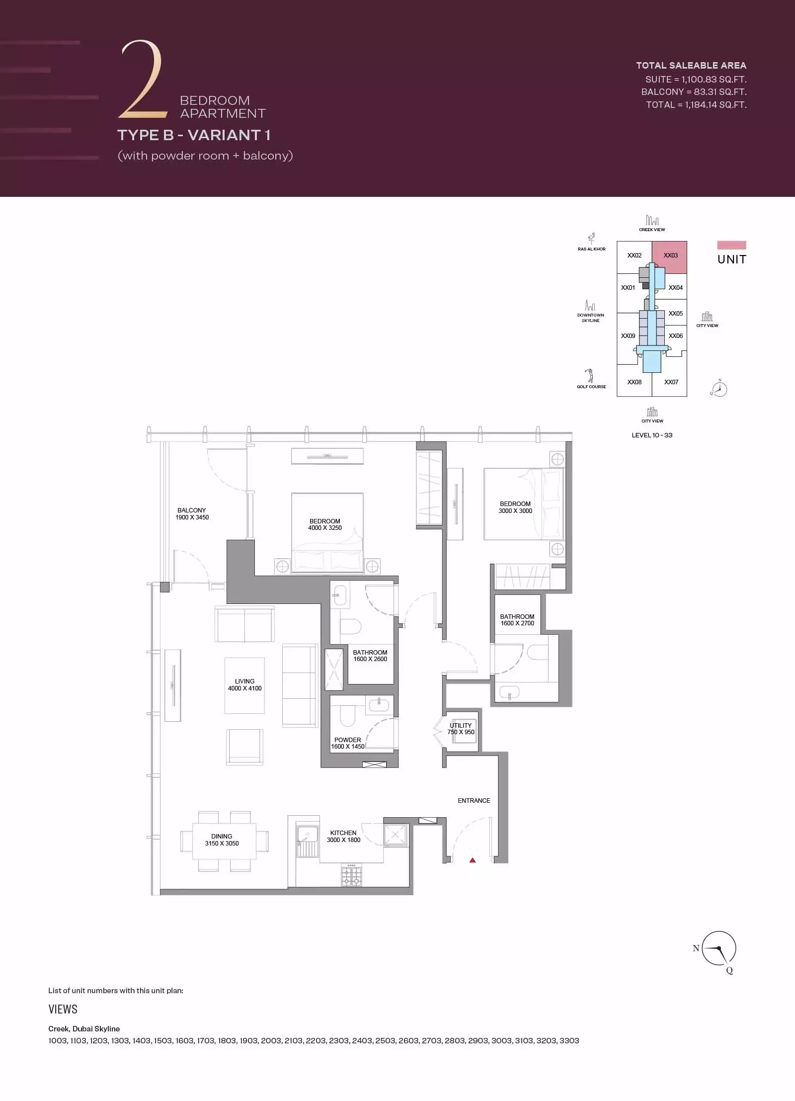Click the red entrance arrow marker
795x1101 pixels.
pos(473,860)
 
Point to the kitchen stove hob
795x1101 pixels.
pos(351,875)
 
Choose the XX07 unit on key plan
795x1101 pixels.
pos(671,382)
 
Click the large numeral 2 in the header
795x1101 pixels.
pos(142,80)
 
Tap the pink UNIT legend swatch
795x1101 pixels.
pos(731,245)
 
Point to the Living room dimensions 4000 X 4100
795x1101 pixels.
pos(244,688)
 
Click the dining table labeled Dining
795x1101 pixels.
pos(225,841)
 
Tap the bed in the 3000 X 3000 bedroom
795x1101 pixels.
pos(524,504)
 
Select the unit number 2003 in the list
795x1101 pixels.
pos(271,1040)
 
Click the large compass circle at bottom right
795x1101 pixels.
pos(719,948)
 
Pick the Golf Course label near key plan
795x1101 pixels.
pos(591,386)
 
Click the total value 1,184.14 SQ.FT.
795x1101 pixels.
pos(715,104)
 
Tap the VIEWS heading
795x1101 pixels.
pos(63,1009)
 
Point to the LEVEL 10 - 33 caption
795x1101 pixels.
pos(652,435)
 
